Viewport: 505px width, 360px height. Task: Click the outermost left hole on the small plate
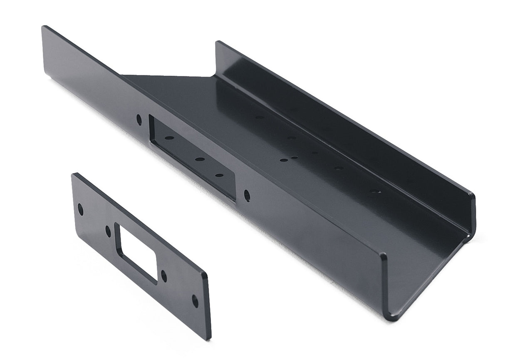pos(80,210)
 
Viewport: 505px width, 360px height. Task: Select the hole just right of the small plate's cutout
pos(163,276)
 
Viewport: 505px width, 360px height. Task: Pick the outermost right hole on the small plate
pos(195,300)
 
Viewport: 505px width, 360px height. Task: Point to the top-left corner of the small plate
pos(74,174)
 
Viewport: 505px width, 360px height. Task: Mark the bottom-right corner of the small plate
pos(210,338)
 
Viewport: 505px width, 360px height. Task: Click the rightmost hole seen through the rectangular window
pos(218,176)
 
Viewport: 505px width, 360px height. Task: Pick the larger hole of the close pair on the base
pos(283,160)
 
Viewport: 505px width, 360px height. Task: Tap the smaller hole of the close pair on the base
pos(294,158)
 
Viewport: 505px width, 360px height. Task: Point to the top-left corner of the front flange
pos(44,27)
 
